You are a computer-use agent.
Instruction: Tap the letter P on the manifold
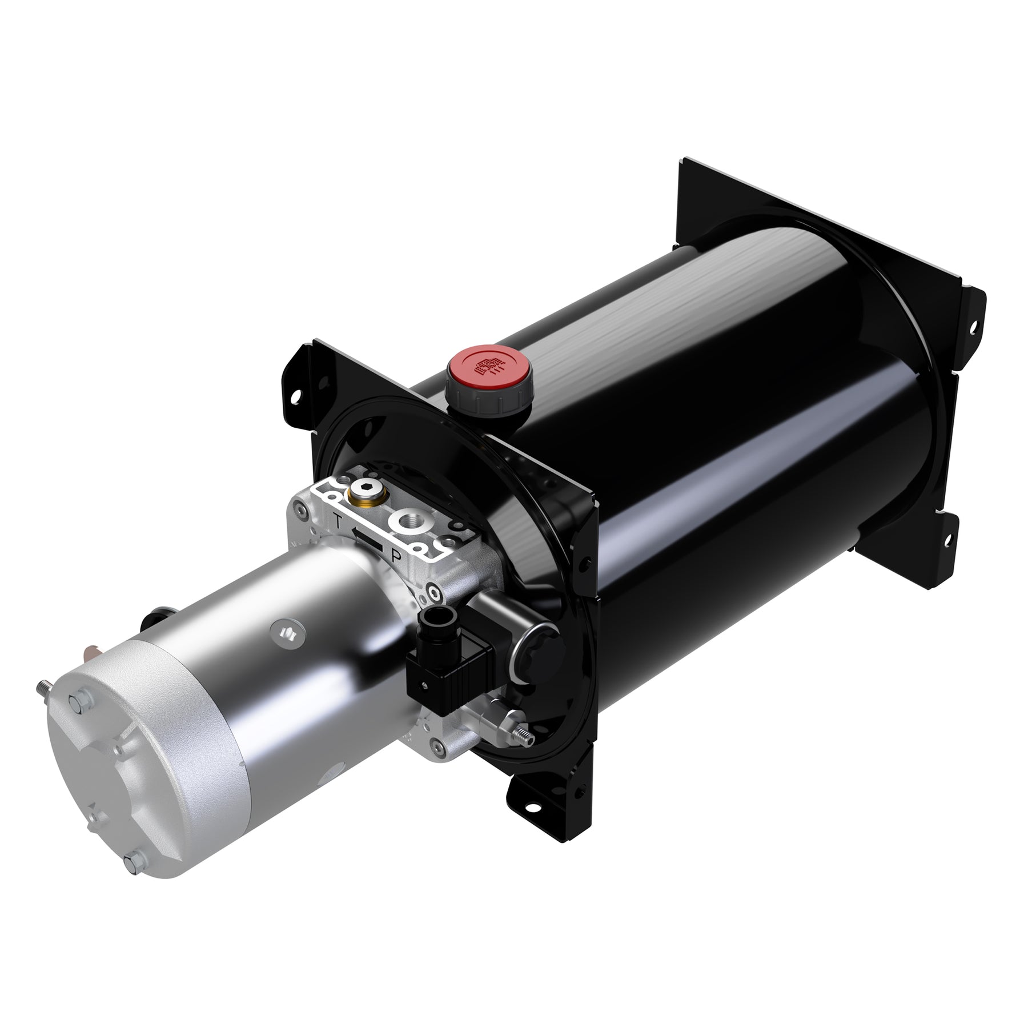coord(395,555)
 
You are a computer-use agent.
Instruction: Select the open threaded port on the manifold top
coord(409,520)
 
